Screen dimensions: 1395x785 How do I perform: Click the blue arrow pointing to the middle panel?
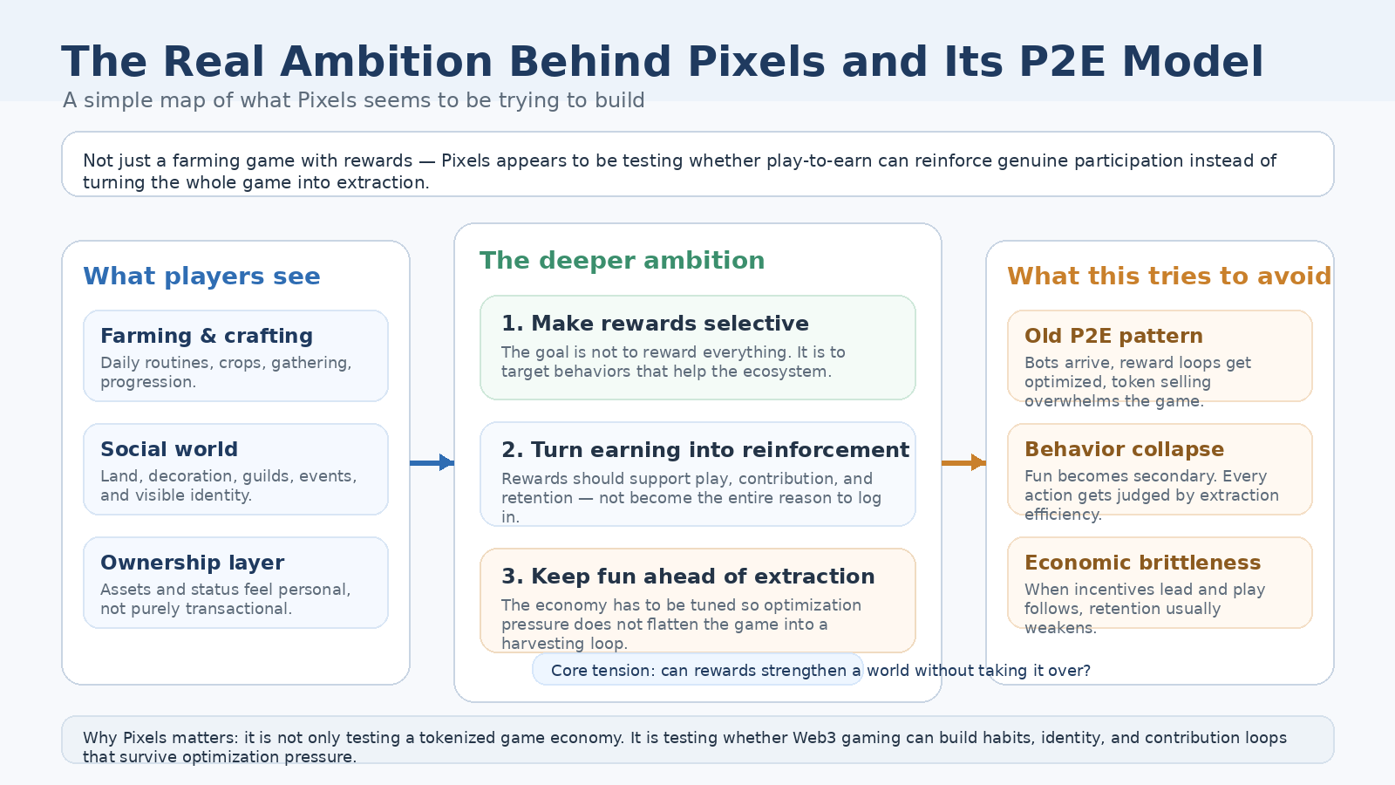pos(432,462)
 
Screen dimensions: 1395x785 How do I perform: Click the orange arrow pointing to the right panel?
pos(964,462)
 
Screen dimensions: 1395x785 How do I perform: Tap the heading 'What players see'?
pos(201,276)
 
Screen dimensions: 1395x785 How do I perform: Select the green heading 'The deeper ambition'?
pos(622,261)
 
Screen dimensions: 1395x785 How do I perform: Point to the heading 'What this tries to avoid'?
pos(1168,276)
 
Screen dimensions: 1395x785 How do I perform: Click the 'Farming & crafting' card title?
pos(207,336)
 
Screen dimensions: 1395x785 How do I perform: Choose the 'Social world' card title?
pos(169,449)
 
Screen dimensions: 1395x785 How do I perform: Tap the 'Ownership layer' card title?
pos(192,563)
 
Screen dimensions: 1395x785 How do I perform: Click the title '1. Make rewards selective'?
pos(655,324)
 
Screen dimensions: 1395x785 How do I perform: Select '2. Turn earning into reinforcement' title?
pos(704,450)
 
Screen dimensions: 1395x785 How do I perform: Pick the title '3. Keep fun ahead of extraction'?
pos(688,577)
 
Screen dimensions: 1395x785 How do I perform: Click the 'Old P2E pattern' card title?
pos(1113,336)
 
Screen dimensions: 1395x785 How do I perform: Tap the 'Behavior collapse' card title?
pos(1124,449)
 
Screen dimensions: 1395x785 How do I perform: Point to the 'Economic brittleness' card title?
pos(1142,563)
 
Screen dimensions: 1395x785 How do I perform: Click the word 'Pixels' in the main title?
pos(756,63)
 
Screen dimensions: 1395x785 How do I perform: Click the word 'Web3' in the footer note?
pos(813,738)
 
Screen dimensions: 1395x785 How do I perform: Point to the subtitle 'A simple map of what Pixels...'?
pos(353,100)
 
